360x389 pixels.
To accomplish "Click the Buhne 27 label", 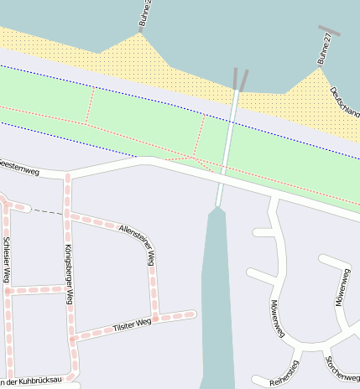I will tap(326, 49).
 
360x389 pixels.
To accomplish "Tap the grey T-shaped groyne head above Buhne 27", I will tap(329, 31).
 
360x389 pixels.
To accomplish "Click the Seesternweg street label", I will tap(19, 165).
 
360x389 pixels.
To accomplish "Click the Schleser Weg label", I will tap(7, 260).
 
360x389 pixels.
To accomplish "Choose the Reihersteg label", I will tap(284, 372).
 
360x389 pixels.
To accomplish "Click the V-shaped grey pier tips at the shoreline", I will tap(240, 79).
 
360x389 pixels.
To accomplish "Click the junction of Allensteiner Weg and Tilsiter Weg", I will tap(155, 317).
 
